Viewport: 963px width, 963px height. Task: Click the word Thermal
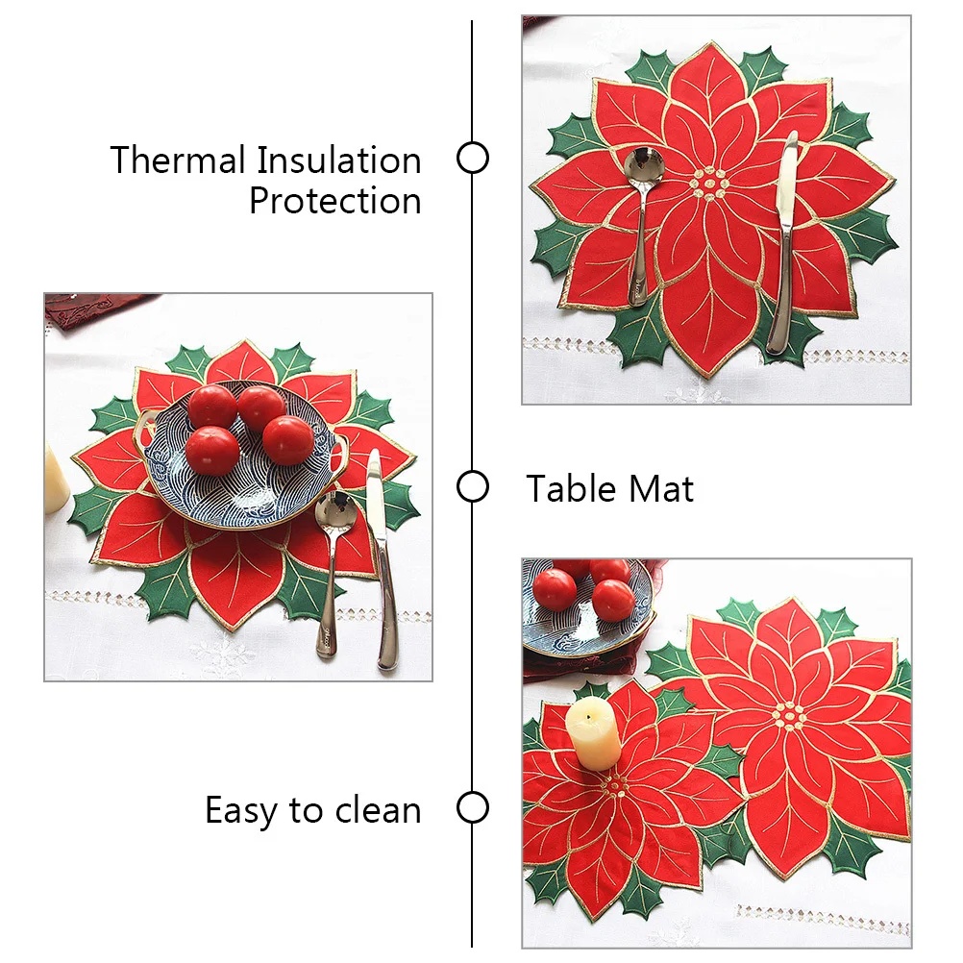click(178, 160)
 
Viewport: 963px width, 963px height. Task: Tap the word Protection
click(334, 202)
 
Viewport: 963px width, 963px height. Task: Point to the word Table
click(572, 489)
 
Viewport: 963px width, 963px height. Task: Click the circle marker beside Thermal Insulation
click(472, 158)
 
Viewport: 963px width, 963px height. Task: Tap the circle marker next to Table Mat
click(472, 487)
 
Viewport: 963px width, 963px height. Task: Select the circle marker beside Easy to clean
click(472, 808)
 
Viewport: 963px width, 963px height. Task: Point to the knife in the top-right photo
click(783, 240)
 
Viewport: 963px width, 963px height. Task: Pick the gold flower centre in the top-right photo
click(710, 184)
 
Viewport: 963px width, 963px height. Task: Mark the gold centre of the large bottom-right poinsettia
click(790, 716)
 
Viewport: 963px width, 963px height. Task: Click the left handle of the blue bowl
click(148, 422)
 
